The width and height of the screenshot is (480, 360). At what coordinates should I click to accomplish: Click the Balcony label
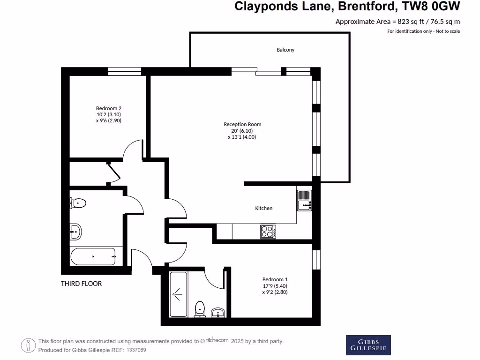(x=285, y=50)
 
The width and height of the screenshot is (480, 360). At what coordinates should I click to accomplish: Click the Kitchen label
(x=263, y=208)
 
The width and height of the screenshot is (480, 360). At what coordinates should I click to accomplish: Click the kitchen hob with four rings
(x=268, y=231)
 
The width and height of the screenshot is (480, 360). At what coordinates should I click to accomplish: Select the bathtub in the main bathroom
(x=93, y=256)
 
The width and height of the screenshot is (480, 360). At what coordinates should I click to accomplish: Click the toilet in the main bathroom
(x=78, y=203)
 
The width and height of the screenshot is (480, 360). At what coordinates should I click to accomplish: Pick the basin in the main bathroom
(x=75, y=231)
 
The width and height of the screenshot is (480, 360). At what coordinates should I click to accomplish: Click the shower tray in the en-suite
(x=178, y=294)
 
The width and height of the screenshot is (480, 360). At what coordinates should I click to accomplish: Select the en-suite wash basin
(x=217, y=313)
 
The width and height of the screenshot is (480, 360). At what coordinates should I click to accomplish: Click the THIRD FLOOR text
(x=81, y=284)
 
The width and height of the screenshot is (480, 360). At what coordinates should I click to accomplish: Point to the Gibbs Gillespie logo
(x=368, y=345)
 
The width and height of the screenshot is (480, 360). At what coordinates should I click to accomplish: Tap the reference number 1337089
(x=136, y=350)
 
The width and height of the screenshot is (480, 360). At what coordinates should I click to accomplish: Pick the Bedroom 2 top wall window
(x=125, y=71)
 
